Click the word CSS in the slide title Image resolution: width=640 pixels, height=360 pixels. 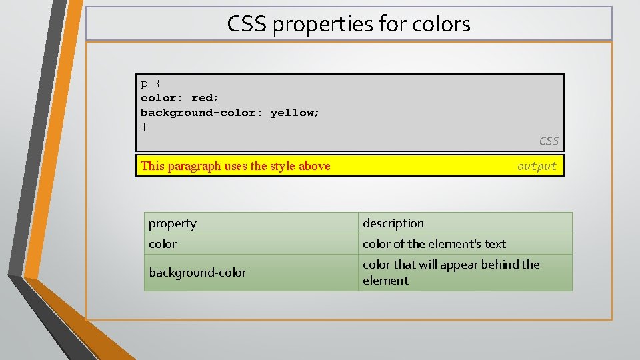pyautogui.click(x=247, y=25)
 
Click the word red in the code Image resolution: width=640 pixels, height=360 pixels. pyautogui.click(x=203, y=98)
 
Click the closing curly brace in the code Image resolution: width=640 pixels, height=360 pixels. pyautogui.click(x=143, y=127)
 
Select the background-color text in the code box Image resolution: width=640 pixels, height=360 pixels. pyautogui.click(x=202, y=113)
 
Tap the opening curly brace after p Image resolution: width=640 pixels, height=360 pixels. pyautogui.click(x=158, y=84)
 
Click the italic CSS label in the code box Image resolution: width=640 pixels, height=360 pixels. pyautogui.click(x=549, y=141)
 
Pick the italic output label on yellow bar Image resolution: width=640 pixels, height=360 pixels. pyautogui.click(x=537, y=167)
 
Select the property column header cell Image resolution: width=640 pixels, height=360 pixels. pyautogui.click(x=251, y=223)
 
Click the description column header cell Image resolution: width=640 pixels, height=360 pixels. pyautogui.click(x=465, y=223)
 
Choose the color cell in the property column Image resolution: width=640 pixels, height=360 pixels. pyautogui.click(x=251, y=244)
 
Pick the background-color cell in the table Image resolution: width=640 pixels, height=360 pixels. pyautogui.click(x=251, y=273)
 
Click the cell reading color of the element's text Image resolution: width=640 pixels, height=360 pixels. pyautogui.click(x=465, y=244)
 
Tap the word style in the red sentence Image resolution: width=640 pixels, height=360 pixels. pyautogui.click(x=281, y=166)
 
